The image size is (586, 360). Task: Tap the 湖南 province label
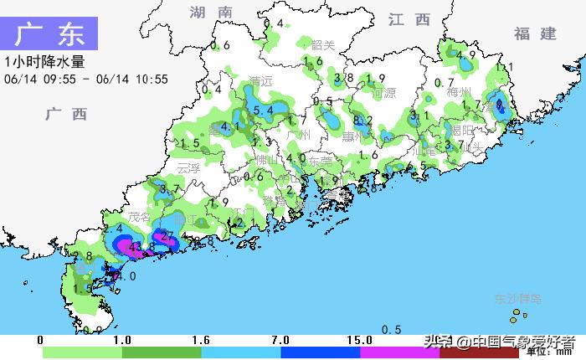coord(210,13)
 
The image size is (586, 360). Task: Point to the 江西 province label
coord(409,19)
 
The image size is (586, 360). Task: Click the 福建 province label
coord(535,33)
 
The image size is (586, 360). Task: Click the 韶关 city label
coord(323,45)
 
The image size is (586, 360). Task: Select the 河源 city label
coord(383,93)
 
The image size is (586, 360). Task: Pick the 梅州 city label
coord(460,92)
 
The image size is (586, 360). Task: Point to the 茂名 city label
coord(137,216)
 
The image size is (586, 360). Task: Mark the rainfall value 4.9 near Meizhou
coord(466,56)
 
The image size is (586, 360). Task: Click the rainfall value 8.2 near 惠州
coord(363,121)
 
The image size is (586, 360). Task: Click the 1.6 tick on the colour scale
coord(201,341)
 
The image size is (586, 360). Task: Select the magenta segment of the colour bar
coord(399,353)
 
